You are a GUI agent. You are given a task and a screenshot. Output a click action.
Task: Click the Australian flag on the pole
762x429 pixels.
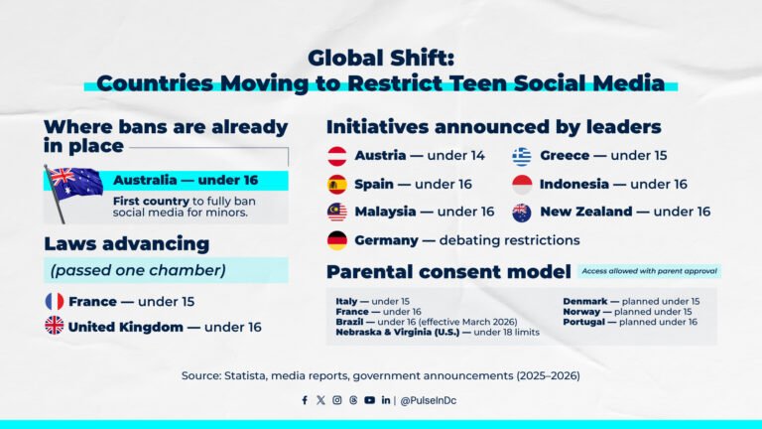coord(75,182)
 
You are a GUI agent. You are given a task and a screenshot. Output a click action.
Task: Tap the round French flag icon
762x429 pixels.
coord(55,301)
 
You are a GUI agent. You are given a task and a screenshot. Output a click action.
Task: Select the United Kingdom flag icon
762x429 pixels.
coord(55,326)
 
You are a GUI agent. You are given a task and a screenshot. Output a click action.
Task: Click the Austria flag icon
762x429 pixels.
coord(337,156)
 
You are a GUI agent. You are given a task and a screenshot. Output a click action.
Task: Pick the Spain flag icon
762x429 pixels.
coord(337,184)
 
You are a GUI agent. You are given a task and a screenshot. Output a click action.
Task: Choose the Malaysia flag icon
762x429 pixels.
coord(337,212)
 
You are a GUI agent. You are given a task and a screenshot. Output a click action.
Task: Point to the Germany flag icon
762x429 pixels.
coord(337,240)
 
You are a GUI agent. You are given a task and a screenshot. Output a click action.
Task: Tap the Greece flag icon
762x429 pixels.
coord(522,156)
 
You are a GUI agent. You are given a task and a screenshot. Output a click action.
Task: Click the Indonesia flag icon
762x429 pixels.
coord(522,184)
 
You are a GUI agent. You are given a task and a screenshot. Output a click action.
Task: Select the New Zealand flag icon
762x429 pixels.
coord(522,212)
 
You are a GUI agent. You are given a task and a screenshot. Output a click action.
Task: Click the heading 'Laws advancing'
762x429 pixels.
coord(126,244)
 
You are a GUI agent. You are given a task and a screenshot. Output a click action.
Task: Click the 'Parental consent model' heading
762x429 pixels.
coord(448,271)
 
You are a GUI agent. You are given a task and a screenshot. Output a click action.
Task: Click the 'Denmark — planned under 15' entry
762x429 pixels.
coord(631,301)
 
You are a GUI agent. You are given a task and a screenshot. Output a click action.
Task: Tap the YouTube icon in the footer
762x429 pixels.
coord(369,400)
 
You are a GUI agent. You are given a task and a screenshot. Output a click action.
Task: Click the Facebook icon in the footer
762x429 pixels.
coord(305,400)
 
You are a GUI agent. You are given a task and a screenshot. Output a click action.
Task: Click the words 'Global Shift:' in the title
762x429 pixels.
coord(381,57)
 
